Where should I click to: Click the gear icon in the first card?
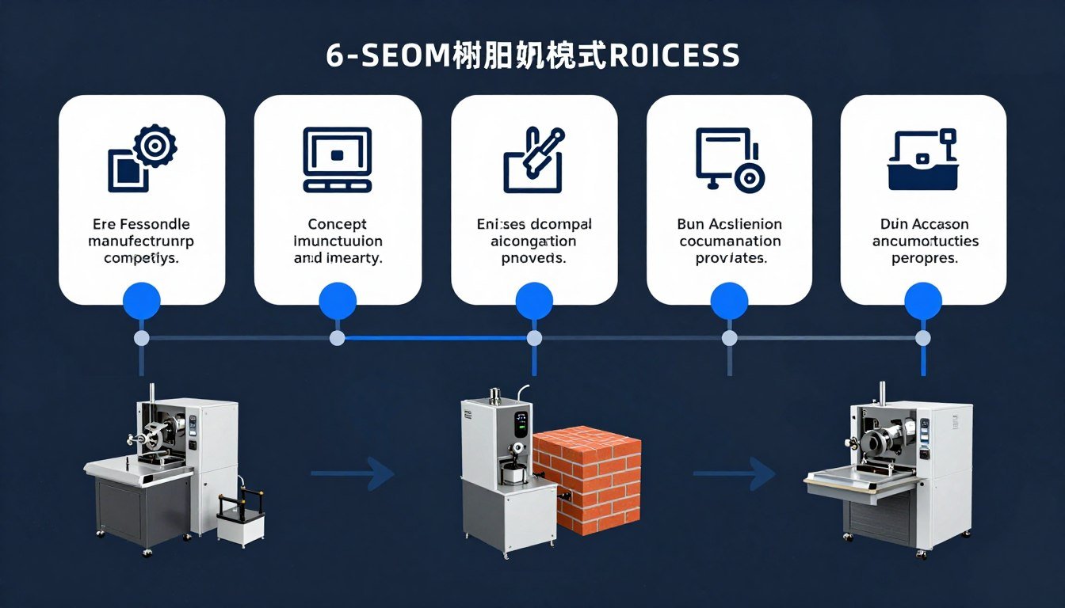[155, 146]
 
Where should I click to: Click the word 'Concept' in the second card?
[338, 225]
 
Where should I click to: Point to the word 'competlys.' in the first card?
[142, 258]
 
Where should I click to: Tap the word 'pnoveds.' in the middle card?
[533, 258]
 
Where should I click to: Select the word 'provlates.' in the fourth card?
[729, 258]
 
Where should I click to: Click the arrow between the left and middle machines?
[353, 474]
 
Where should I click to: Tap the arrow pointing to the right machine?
[734, 474]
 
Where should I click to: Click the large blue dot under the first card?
[142, 301]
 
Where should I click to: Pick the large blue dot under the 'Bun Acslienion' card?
[729, 301]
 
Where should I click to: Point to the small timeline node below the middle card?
[534, 338]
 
